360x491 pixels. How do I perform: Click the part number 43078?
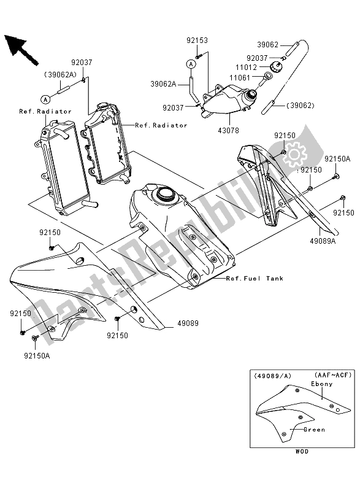click(228, 130)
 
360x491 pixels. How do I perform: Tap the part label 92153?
click(197, 41)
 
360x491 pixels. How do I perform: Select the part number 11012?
click(246, 68)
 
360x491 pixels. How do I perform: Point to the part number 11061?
click(240, 78)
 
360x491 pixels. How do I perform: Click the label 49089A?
click(323, 241)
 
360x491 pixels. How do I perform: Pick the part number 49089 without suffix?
click(188, 323)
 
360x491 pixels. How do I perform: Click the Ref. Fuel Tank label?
click(255, 279)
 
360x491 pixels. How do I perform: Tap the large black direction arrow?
click(21, 50)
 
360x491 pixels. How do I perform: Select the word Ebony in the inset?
click(322, 384)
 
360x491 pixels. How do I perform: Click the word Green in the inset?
click(315, 430)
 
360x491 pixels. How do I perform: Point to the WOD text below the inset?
click(302, 451)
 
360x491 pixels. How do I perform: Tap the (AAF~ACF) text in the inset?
click(333, 375)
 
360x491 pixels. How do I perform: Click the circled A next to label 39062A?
click(191, 64)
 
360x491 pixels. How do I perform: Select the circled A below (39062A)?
click(45, 99)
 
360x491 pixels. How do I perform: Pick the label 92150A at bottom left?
click(37, 356)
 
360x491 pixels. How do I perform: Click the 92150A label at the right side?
click(337, 159)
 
